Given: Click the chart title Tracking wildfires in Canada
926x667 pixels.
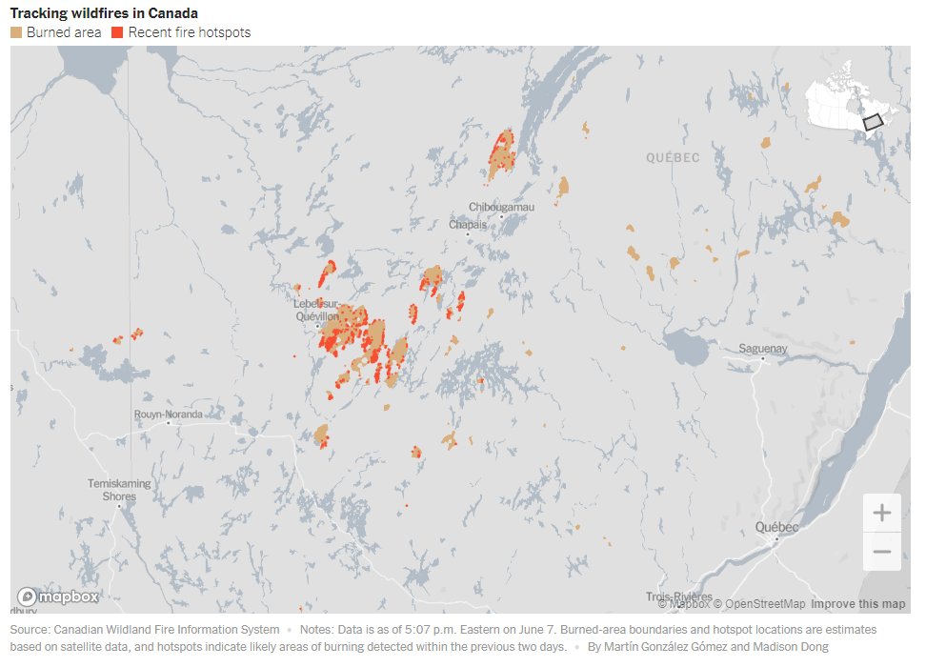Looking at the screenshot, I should [x=104, y=13].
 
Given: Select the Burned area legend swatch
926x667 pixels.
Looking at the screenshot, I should [x=16, y=32].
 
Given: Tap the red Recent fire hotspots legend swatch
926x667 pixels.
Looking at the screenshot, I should [x=117, y=32].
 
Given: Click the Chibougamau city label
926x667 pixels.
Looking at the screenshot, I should [x=501, y=207].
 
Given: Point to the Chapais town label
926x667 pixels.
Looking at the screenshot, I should [x=468, y=225].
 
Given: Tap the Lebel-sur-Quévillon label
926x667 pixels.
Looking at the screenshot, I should [x=315, y=310].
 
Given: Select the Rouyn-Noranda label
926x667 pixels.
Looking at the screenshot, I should [x=168, y=414].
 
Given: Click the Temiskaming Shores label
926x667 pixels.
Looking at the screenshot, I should [x=119, y=490].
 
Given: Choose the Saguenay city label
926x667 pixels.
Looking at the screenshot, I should [x=763, y=349].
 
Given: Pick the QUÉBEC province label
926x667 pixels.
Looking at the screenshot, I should [x=673, y=157].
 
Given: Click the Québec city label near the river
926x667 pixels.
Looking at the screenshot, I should [x=776, y=527].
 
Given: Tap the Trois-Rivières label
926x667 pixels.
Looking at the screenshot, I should [x=679, y=597].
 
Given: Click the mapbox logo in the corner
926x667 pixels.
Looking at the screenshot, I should [x=58, y=596].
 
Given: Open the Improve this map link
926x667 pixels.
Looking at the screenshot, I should [x=858, y=604].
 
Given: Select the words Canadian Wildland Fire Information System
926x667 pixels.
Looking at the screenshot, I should [x=167, y=630].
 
